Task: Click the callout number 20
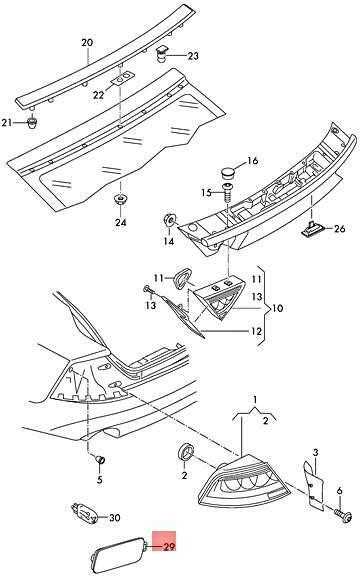87,43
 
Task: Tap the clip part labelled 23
161,54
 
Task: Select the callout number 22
98,95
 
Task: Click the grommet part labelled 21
33,123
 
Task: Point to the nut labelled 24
120,199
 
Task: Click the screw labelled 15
228,192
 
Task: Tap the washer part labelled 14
169,219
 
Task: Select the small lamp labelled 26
310,229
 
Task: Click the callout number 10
278,307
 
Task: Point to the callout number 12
257,331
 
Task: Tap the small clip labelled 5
100,460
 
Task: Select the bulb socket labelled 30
85,512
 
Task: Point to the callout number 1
255,399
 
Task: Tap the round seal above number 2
185,451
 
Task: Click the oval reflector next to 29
117,554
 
